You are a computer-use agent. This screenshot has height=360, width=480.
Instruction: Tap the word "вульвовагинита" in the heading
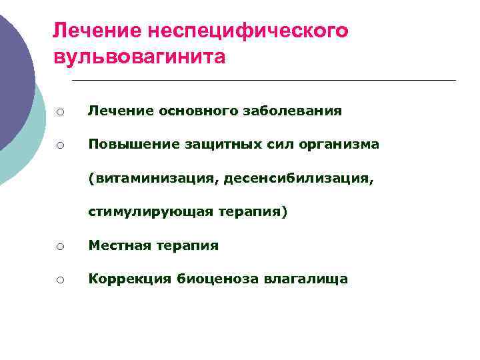[139, 57]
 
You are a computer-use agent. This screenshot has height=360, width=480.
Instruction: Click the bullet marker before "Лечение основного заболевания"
[59, 112]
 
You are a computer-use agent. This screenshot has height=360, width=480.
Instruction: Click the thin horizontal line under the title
[263, 81]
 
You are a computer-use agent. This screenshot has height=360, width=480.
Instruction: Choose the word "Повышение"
[125, 145]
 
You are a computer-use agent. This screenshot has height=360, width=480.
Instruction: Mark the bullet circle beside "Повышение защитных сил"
[59, 145]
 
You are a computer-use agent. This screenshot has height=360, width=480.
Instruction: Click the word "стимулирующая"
[150, 212]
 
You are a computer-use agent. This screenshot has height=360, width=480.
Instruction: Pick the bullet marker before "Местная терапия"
[59, 247]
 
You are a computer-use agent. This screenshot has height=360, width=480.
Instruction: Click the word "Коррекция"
[129, 279]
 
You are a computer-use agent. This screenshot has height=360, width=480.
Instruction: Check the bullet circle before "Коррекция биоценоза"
[59, 280]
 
